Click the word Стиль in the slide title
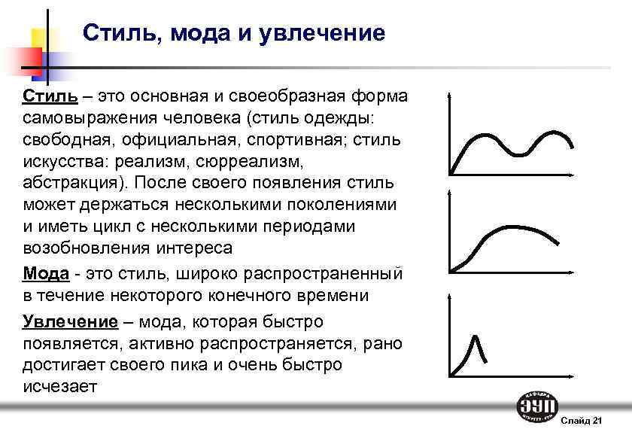(x=115, y=33)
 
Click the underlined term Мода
(x=46, y=272)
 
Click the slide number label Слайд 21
(x=582, y=418)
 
